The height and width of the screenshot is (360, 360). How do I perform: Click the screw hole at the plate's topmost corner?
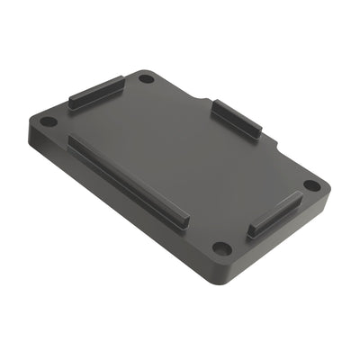pos(146,79)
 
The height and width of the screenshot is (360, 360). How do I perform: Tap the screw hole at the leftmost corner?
pos(49,121)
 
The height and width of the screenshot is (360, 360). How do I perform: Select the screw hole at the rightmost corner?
pos(311,185)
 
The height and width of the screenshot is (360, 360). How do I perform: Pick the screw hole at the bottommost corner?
pos(221,247)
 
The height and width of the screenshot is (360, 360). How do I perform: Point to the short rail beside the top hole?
pos(96,92)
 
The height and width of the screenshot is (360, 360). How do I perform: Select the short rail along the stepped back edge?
pos(237,119)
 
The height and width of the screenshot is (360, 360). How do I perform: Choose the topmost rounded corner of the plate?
pos(144,70)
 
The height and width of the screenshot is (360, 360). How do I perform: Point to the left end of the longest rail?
pos(72,141)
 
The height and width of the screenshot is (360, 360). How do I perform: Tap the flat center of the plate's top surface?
pos(180,162)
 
